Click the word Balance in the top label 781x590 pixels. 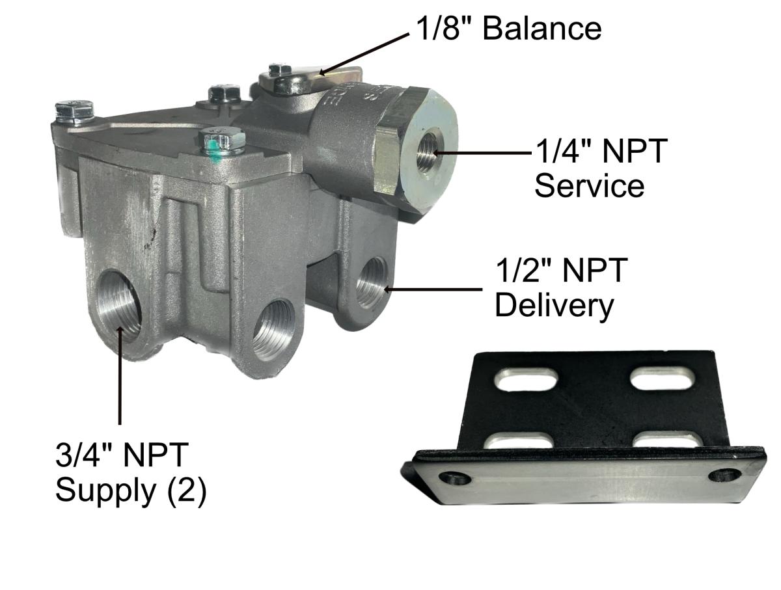point(541,29)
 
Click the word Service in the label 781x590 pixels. point(590,185)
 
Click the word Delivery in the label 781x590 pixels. point(554,305)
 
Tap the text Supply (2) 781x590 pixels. point(131,489)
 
